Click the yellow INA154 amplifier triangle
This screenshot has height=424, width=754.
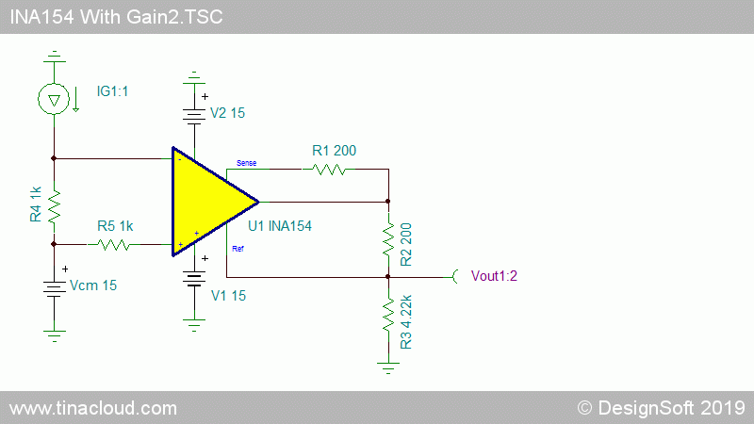206,202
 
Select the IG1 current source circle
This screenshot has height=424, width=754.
54,99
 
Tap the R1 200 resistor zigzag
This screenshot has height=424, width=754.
329,170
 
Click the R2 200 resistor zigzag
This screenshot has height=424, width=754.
388,239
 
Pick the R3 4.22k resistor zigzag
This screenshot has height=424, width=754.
388,315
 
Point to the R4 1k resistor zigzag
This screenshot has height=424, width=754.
54,205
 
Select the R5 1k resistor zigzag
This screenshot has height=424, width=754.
114,245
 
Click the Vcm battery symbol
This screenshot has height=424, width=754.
54,288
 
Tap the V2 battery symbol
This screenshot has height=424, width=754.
194,116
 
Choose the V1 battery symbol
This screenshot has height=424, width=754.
194,278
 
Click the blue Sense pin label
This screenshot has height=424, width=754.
246,163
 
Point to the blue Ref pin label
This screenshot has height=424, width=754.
238,249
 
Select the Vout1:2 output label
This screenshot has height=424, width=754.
494,276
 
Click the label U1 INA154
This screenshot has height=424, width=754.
280,226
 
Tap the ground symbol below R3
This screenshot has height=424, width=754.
388,367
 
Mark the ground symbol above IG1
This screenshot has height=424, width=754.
55,57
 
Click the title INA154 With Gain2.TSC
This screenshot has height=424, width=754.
116,17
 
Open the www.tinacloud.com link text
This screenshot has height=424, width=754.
93,408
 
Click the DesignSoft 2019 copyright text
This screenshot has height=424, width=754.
661,408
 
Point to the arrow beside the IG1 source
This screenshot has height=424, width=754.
76,99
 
